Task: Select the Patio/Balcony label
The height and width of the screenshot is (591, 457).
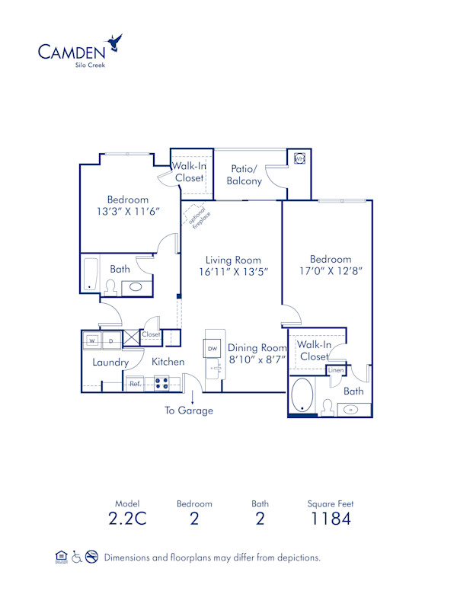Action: click(244, 174)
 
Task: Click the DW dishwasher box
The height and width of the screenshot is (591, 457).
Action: click(212, 348)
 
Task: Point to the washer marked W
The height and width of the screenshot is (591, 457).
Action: click(91, 340)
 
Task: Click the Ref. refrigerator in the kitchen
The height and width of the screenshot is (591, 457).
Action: click(135, 384)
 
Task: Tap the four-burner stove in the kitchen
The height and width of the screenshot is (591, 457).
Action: click(161, 384)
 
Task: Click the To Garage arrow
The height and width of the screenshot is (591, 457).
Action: click(192, 397)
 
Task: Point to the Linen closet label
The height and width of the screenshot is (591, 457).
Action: click(335, 370)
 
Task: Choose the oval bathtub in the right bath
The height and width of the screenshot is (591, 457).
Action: click(302, 395)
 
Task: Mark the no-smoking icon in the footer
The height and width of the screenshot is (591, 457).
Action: click(92, 557)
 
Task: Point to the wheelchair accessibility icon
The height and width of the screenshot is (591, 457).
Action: click(77, 557)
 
